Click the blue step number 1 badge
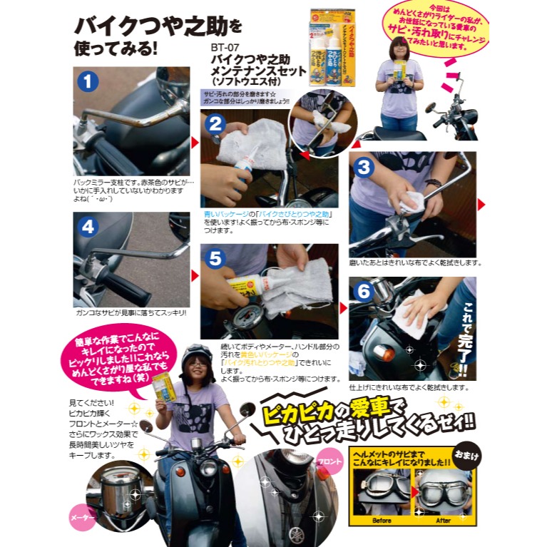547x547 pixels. click(87, 82)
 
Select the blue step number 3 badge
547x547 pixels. click(364, 168)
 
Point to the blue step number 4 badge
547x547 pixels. click(87, 227)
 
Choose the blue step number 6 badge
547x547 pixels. click(364, 292)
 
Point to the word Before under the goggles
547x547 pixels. click(382, 521)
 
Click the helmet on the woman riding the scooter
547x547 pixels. click(197, 356)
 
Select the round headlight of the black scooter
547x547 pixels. click(208, 467)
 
